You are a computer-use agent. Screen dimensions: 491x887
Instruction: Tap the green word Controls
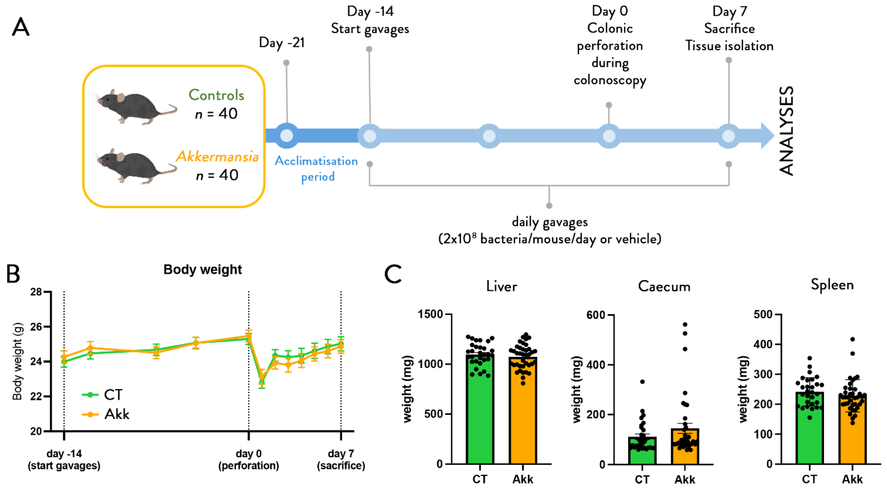pos(216,95)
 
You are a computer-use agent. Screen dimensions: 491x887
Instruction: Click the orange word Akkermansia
pos(217,157)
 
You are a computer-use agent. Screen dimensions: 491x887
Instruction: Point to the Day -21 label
pos(282,43)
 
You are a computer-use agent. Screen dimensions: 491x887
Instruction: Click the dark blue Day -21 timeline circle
pos(287,136)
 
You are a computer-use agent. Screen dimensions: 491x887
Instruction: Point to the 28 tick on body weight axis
pos(36,292)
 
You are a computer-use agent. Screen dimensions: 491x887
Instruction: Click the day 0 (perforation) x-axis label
pos(249,459)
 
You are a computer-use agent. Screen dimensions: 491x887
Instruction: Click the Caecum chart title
pos(664,286)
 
